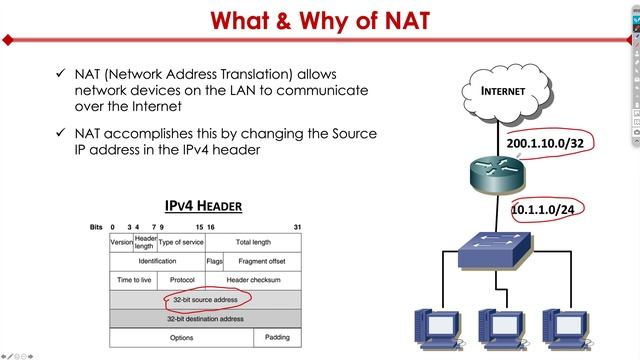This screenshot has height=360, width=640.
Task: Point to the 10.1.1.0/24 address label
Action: (544, 211)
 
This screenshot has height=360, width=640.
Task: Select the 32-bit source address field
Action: (204, 299)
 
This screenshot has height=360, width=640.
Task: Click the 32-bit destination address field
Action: (204, 318)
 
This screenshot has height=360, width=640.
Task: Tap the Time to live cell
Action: (133, 280)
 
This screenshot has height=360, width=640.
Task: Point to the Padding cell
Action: (277, 337)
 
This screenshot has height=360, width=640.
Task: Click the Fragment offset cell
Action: (263, 261)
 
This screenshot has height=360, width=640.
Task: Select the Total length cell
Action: (253, 242)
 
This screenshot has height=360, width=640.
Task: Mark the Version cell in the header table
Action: (121, 242)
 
